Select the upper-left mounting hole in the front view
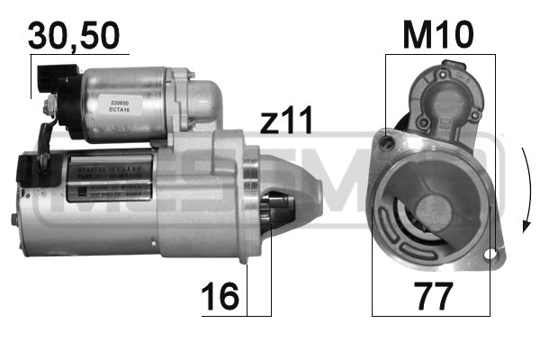(388, 139)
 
